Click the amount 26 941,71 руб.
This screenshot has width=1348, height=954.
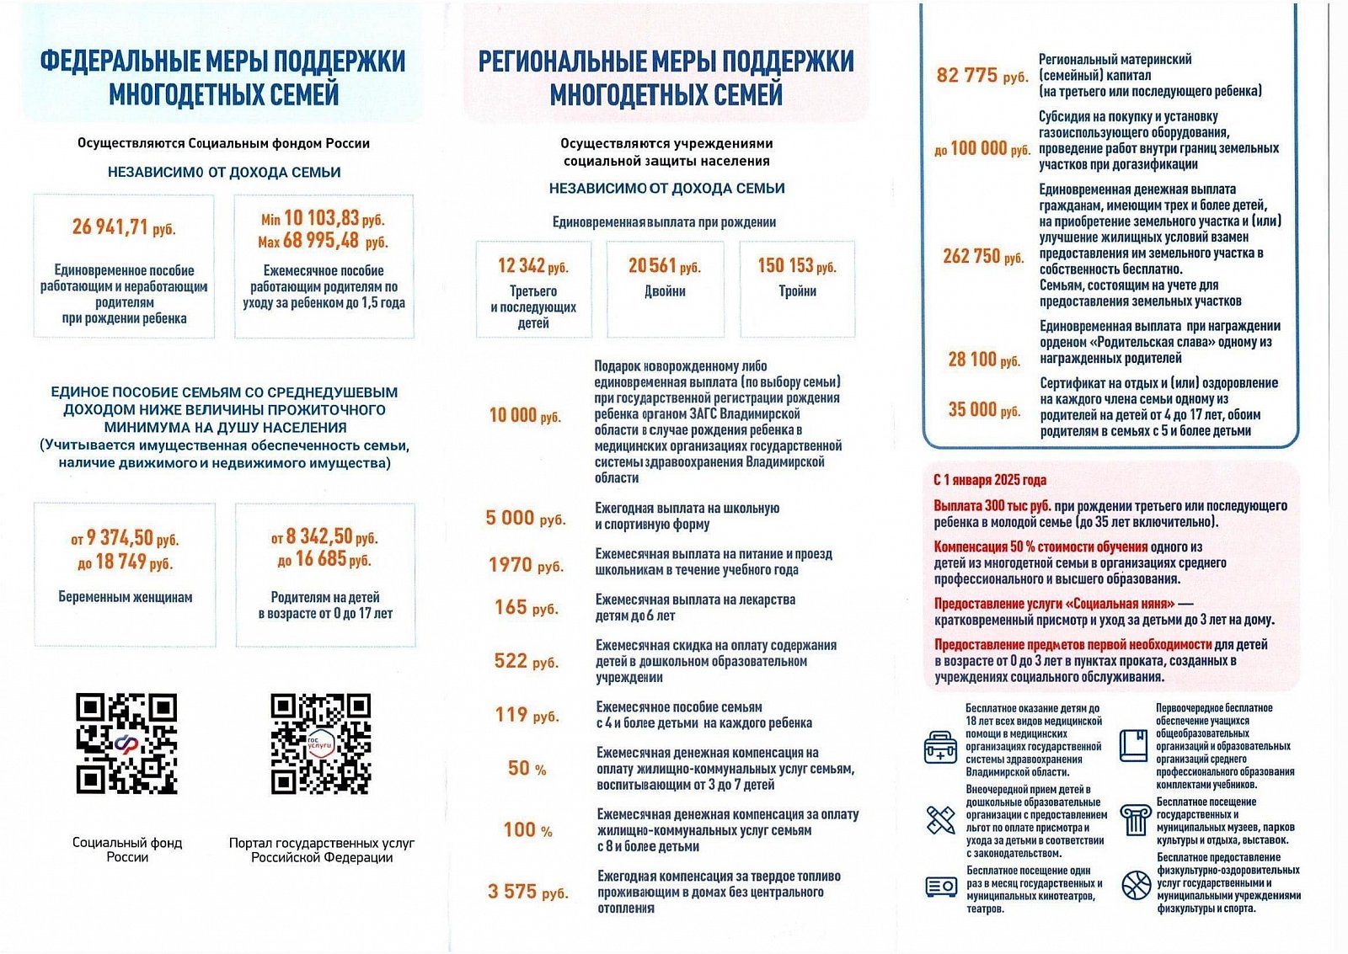[124, 227]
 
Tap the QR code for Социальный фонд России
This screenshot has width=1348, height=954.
[127, 744]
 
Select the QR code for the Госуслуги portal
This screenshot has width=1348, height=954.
[321, 744]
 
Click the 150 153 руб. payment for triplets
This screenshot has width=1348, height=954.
[797, 266]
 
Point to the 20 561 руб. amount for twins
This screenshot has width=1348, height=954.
[665, 266]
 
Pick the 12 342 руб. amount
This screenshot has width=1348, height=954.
[533, 266]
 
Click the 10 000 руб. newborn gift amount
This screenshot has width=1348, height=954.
[525, 415]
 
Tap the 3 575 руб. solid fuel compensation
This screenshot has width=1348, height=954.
[527, 892]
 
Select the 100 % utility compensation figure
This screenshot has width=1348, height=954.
[528, 830]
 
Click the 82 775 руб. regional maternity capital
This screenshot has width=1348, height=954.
[982, 76]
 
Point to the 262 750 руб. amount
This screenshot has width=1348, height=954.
[983, 256]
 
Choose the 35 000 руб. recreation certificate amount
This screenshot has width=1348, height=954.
[984, 409]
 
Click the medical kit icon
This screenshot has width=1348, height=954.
[940, 747]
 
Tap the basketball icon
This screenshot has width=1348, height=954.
[1136, 885]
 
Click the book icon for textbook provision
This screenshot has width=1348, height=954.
[1134, 746]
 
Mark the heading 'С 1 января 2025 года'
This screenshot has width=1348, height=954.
[990, 480]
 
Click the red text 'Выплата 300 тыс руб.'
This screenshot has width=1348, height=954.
[992, 506]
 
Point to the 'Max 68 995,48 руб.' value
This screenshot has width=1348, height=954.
[324, 242]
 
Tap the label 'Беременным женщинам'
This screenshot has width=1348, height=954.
[126, 597]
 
